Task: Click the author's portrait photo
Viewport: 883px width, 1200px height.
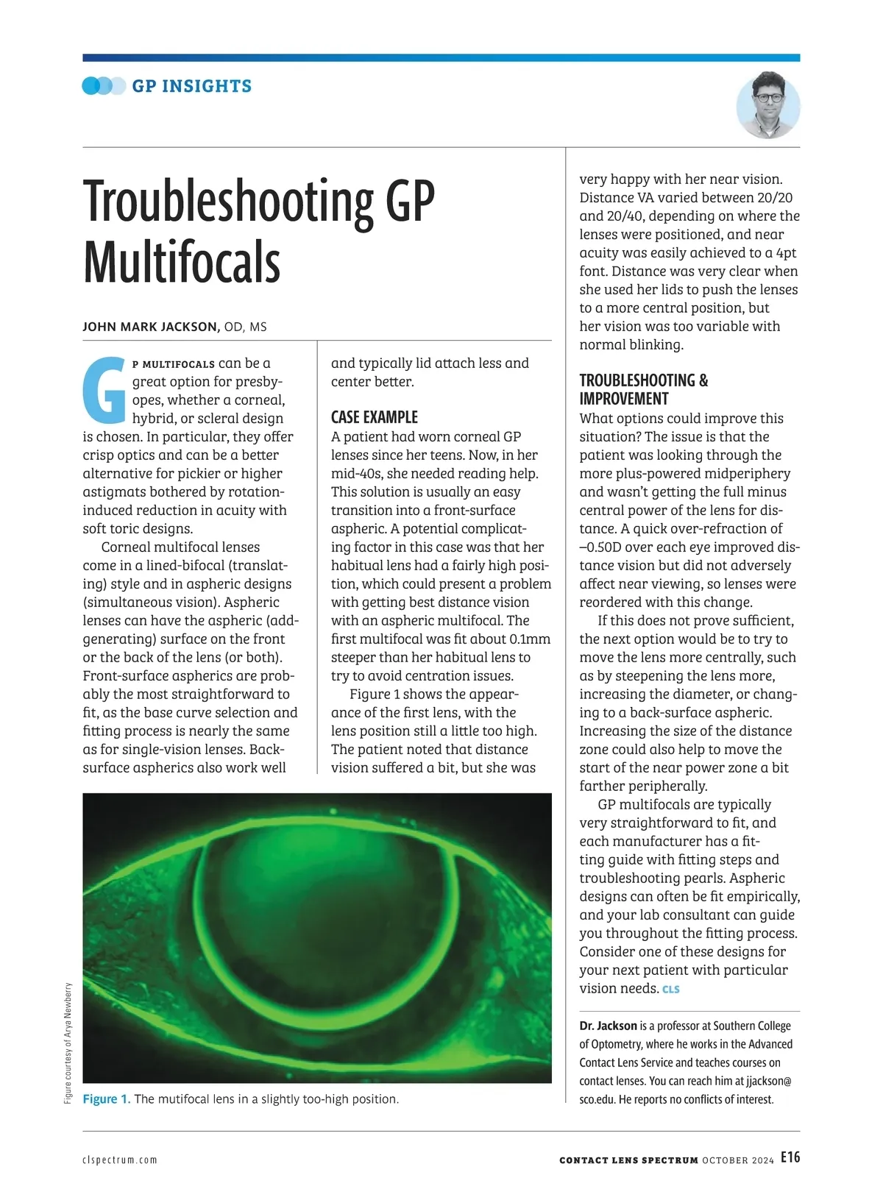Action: (767, 105)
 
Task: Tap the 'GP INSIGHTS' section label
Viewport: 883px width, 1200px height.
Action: (191, 86)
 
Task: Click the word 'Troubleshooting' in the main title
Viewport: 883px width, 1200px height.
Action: (228, 202)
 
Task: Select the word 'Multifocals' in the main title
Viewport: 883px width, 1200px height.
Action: (182, 263)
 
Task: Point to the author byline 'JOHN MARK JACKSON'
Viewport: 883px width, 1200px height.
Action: (151, 327)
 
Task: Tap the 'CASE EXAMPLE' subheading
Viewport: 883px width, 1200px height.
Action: (375, 417)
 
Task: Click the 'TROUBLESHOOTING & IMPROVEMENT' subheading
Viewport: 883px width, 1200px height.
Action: (643, 389)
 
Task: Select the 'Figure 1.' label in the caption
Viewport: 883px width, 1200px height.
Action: (107, 1099)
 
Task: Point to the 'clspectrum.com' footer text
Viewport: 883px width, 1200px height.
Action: (120, 1160)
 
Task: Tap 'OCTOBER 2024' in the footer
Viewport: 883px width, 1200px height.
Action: (737, 1160)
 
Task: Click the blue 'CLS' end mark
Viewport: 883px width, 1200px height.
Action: (670, 990)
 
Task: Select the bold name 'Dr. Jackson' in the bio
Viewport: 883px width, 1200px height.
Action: (608, 1026)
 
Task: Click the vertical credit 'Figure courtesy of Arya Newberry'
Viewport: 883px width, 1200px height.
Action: (68, 1043)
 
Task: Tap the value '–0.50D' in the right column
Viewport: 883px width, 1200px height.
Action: (602, 547)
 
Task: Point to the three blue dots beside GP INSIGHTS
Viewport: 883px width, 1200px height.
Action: (104, 86)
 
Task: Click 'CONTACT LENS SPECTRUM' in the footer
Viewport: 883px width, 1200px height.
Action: (628, 1160)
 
